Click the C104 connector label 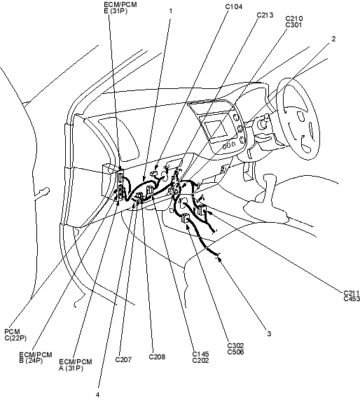[233, 7]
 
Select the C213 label [265, 15]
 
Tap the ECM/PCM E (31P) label [120, 8]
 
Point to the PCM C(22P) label [15, 335]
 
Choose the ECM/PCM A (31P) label [75, 365]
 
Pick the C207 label [123, 359]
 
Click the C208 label [157, 357]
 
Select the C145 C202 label [200, 357]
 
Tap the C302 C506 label [236, 349]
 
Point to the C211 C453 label [352, 296]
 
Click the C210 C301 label [294, 22]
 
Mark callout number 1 [171, 11]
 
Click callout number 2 [333, 39]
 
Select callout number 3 [269, 333]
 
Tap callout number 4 [98, 395]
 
